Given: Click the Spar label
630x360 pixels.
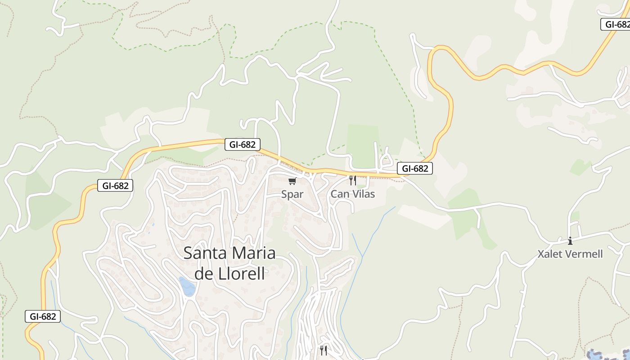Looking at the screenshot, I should [292, 194].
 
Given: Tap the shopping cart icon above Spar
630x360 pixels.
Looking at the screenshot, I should [292, 181].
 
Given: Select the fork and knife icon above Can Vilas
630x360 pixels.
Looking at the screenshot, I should [353, 180].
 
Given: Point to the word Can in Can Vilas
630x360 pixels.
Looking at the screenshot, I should [339, 194].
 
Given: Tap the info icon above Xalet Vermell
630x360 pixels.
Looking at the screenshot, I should [570, 241].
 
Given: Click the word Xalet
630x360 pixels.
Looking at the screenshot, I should [549, 254].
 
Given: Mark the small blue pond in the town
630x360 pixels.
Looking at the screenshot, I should [187, 286].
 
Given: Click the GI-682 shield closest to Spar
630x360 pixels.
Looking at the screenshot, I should [243, 144].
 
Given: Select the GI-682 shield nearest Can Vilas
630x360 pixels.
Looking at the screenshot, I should [414, 169].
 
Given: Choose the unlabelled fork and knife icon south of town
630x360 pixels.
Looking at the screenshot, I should [324, 350].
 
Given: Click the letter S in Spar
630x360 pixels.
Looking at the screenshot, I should [284, 194].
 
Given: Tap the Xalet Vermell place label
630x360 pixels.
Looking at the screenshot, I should [570, 254].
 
